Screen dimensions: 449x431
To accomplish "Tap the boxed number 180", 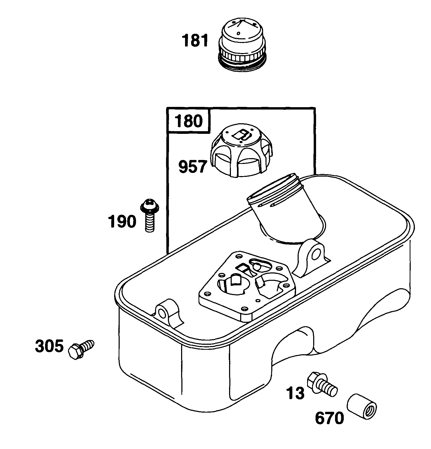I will (189, 121).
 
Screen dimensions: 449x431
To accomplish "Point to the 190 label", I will (122, 221).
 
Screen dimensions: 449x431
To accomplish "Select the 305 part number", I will (49, 346).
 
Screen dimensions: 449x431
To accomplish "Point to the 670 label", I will (330, 418).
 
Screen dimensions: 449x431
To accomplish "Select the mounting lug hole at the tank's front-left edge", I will (162, 313).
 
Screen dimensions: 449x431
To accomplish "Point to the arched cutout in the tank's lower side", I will (293, 343).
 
